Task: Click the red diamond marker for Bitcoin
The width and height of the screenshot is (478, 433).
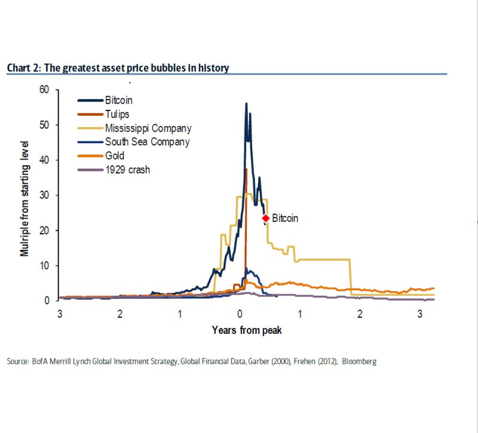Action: click(x=266, y=218)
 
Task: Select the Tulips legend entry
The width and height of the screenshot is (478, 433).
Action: click(x=117, y=115)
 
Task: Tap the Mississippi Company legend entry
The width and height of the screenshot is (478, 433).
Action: click(x=148, y=128)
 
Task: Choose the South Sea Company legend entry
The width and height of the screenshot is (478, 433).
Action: click(x=147, y=142)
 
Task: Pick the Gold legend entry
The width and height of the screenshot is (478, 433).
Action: click(x=115, y=156)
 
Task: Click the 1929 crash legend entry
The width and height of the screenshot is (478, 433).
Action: click(x=127, y=169)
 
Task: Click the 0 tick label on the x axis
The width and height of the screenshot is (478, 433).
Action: click(x=240, y=314)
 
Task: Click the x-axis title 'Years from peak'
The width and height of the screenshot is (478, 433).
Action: click(x=246, y=330)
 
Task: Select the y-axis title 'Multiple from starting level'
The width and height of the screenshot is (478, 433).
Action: click(x=25, y=198)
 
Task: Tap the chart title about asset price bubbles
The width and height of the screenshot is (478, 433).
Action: click(x=118, y=68)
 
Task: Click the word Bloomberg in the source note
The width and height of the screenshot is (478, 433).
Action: click(x=359, y=362)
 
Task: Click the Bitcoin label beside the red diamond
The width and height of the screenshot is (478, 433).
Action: click(x=285, y=218)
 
